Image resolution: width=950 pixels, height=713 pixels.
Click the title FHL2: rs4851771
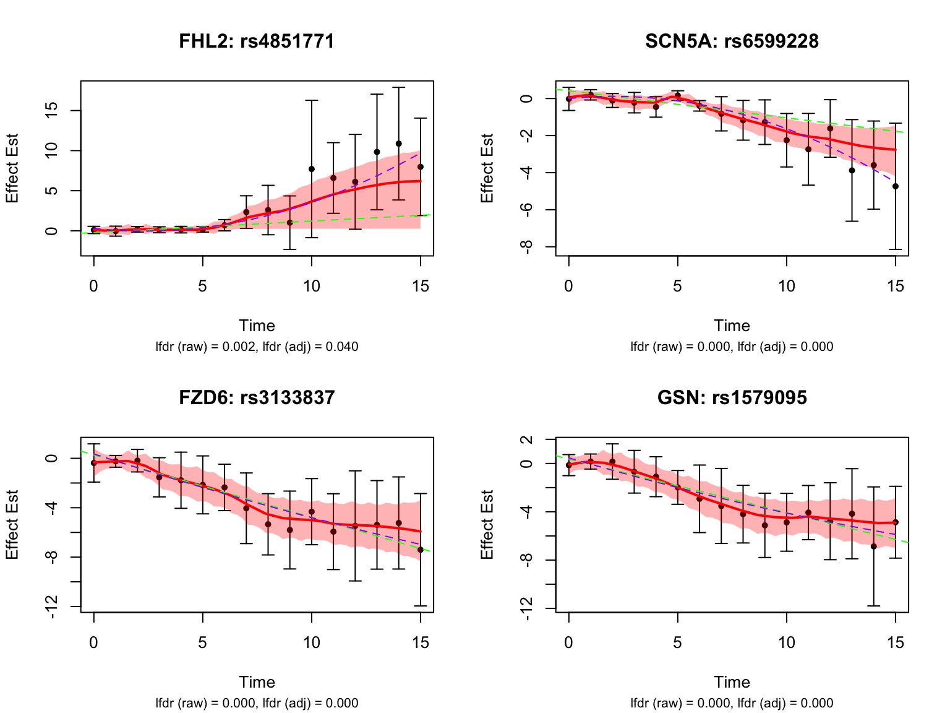click(x=257, y=41)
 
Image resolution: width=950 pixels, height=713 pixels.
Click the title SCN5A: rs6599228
click(x=732, y=41)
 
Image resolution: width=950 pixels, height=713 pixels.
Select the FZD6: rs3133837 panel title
click(x=257, y=397)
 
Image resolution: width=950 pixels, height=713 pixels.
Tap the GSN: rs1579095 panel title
click(x=732, y=397)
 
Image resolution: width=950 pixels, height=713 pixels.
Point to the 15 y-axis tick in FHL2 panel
click(x=53, y=111)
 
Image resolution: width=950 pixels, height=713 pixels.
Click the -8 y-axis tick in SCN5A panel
click(x=528, y=246)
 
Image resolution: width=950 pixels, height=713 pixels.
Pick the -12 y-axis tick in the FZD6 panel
click(x=53, y=607)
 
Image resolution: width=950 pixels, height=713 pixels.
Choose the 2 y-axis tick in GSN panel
click(x=528, y=439)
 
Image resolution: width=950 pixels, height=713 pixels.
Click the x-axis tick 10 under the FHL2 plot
click(x=311, y=286)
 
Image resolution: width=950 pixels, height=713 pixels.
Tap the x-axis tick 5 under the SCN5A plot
click(x=677, y=286)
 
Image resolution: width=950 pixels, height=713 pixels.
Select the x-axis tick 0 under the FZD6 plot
click(x=93, y=642)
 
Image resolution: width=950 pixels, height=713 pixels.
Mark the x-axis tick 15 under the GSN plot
click(x=895, y=642)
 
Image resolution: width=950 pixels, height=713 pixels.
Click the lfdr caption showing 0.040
click(x=257, y=347)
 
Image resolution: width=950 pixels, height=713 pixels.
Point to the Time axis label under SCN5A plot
click(x=732, y=326)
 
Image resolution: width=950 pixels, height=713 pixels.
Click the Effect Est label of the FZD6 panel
click(x=12, y=525)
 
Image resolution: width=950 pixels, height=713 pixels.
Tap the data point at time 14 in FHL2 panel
click(x=399, y=144)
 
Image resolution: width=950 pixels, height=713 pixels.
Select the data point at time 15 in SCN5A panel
click(x=895, y=186)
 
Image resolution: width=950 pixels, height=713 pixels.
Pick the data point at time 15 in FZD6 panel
click(x=421, y=550)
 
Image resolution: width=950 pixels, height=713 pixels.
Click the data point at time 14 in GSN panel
click(x=873, y=547)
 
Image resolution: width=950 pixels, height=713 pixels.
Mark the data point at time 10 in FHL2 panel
click(x=312, y=169)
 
